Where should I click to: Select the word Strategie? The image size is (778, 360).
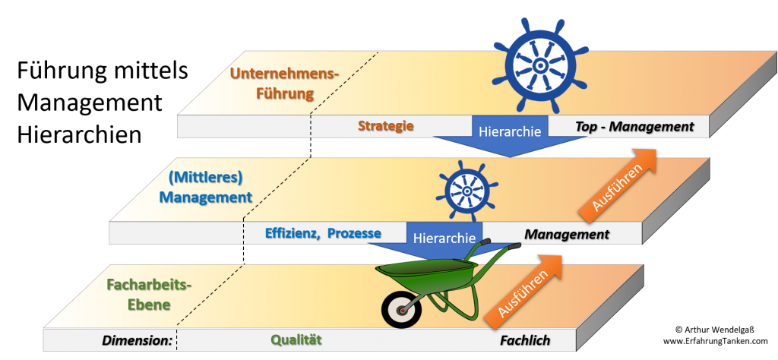coord(386,126)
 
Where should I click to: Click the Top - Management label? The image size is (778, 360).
coord(635,126)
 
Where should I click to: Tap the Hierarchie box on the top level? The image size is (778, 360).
coord(510,130)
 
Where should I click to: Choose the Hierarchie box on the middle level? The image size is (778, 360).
coord(444,237)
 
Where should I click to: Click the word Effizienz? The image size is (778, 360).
coord(293,233)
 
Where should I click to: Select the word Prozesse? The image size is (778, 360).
coord(355,233)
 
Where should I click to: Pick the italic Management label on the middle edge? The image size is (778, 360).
coord(567,234)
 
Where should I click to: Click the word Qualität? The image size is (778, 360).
coord(297,340)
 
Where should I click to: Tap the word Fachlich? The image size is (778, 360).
coord(525,340)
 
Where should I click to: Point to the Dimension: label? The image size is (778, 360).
coord(138,340)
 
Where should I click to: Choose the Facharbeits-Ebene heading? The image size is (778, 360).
coord(149,296)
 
